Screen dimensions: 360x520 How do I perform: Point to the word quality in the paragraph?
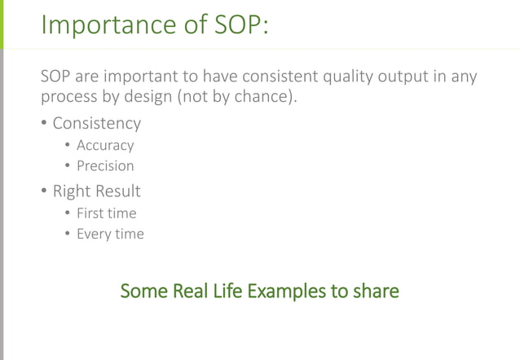(x=350, y=77)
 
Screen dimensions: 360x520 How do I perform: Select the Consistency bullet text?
(x=96, y=124)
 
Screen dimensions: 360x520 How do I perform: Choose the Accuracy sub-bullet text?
(x=105, y=146)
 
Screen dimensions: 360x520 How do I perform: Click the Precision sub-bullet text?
(x=105, y=166)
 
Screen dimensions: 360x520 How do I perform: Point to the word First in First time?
(x=90, y=213)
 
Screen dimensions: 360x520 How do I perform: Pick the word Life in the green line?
(x=222, y=291)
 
